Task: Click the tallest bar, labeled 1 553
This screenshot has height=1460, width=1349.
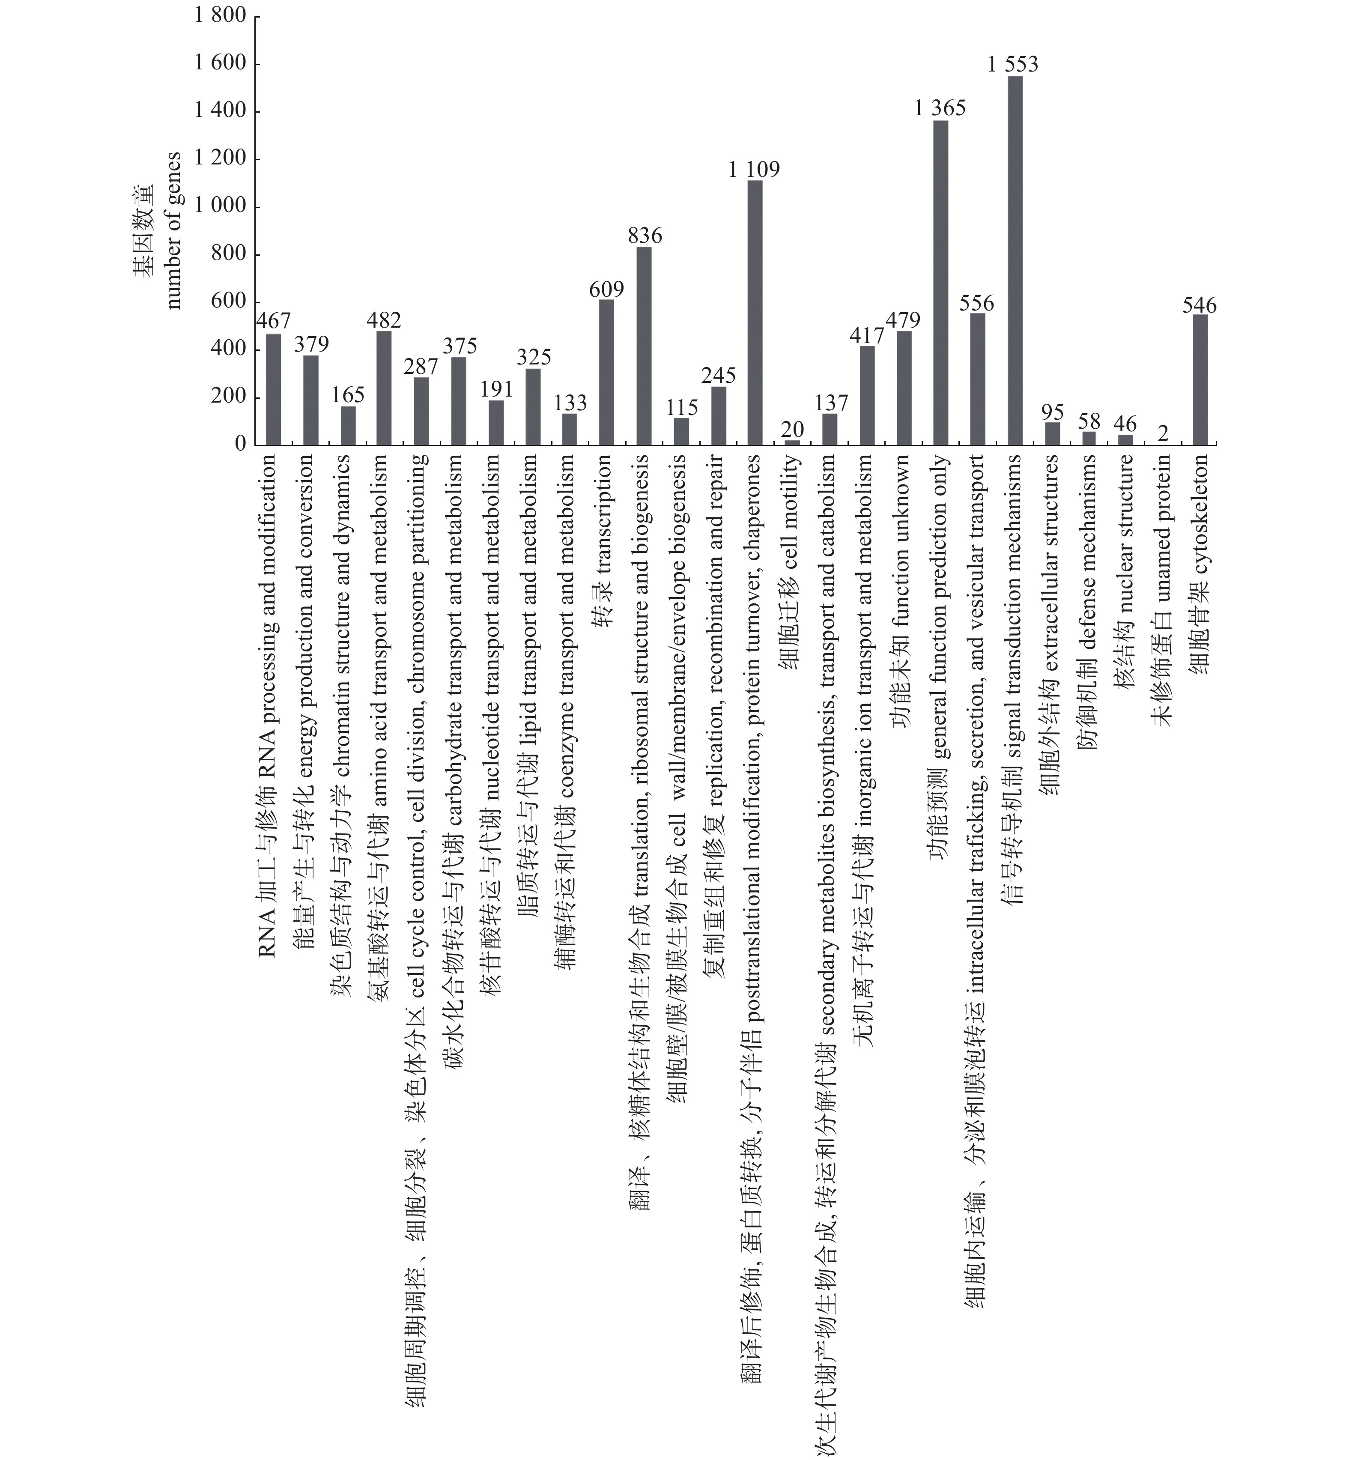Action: (x=1015, y=261)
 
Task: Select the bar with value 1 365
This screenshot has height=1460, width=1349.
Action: (x=940, y=283)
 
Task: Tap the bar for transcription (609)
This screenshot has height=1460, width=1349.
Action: (x=606, y=372)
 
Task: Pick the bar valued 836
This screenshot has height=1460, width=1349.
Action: (x=645, y=346)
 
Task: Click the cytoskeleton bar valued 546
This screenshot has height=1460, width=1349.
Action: (x=1200, y=379)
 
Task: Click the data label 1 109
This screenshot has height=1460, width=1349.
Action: (x=754, y=169)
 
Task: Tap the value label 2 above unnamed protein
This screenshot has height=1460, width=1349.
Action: (x=1163, y=433)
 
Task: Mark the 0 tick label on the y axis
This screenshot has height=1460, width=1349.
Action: (x=240, y=445)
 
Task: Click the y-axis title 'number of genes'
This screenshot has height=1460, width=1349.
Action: (x=173, y=230)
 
